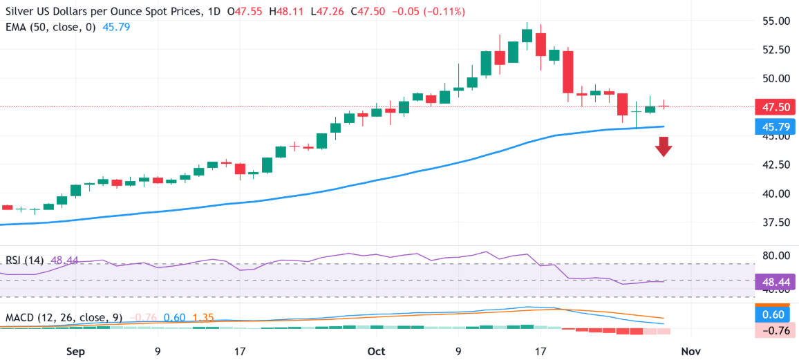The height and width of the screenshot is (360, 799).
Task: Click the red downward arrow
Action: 664,146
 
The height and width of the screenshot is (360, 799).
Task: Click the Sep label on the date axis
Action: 76,351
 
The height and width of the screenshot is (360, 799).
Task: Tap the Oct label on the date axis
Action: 377,351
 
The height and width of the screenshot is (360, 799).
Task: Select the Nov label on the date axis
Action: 691,351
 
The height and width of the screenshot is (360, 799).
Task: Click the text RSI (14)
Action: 25,260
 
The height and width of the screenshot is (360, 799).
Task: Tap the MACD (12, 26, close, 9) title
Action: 64,318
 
